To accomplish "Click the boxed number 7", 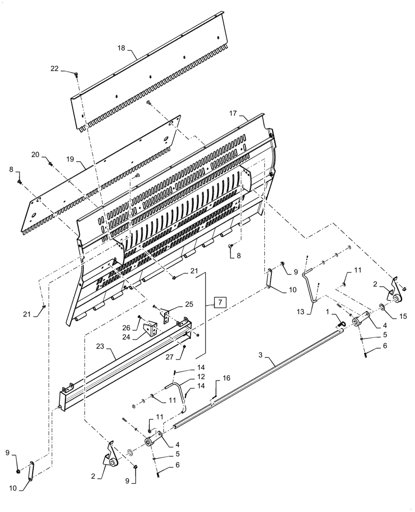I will pos(218,301).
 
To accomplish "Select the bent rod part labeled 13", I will pos(311,285).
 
